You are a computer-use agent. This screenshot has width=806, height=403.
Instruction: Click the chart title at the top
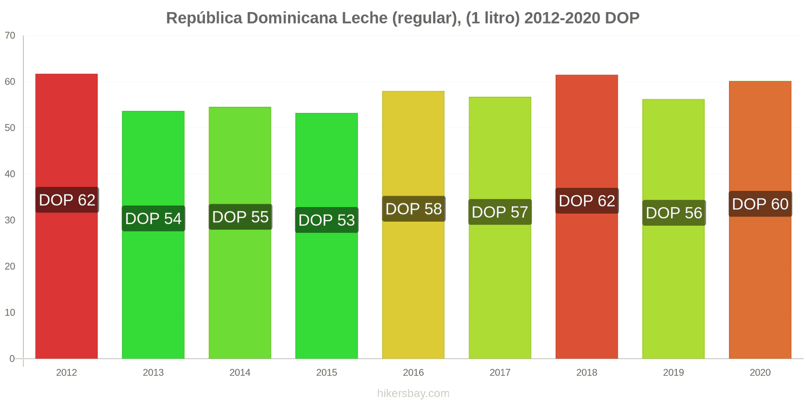[402, 18]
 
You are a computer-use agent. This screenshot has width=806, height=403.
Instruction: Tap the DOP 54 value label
[153, 219]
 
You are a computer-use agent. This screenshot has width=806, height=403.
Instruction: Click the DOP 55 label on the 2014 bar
[240, 217]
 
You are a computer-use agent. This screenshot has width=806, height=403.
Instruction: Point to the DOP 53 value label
[326, 220]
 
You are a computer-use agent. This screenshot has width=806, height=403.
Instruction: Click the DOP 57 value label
[500, 212]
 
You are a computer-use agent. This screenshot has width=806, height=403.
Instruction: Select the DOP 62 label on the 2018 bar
[587, 201]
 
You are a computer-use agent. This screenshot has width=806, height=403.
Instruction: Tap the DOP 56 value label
[674, 213]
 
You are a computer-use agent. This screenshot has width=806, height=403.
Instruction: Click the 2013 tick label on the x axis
[153, 373]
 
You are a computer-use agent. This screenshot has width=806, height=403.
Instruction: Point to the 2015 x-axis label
[326, 373]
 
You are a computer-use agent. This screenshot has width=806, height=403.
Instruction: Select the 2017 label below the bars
[500, 373]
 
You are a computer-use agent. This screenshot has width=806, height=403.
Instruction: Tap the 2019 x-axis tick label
[674, 373]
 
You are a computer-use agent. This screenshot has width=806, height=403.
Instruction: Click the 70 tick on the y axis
[10, 36]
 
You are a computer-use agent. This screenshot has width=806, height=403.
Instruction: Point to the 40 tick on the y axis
[10, 174]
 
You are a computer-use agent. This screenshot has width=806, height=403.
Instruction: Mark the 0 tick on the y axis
[12, 359]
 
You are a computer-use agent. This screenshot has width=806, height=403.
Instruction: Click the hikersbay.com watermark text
[413, 393]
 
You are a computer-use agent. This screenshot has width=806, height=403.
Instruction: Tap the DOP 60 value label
[760, 204]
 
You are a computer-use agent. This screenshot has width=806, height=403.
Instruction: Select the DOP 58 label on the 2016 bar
[413, 209]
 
